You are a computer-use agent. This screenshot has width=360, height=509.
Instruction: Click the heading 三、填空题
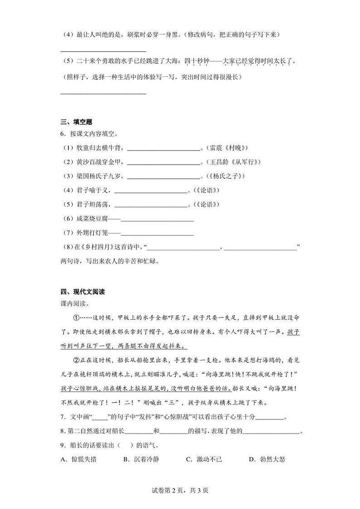tap(76, 121)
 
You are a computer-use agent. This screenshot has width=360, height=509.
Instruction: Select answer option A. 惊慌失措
tap(78, 460)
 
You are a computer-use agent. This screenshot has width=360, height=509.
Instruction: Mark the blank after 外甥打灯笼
tap(157, 234)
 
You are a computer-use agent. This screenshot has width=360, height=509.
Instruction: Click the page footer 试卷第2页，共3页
tap(180, 490)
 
